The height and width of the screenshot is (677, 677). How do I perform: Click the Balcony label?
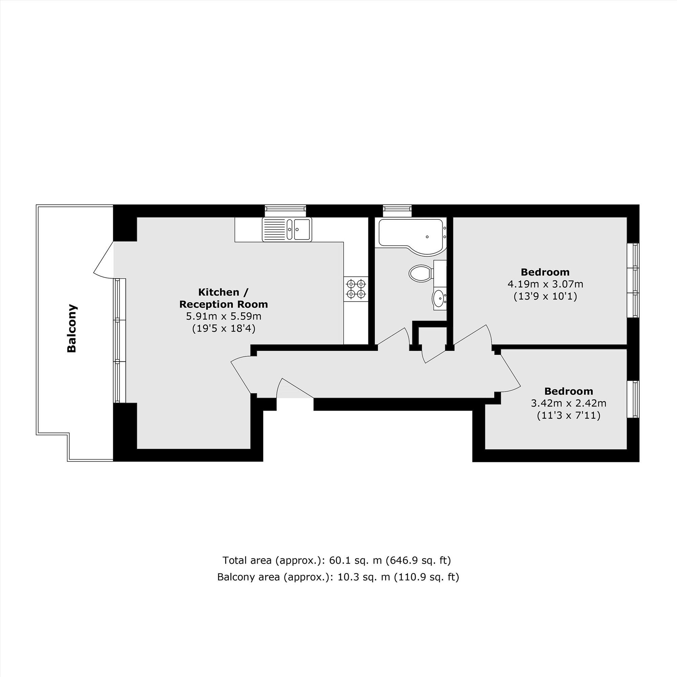coord(72,328)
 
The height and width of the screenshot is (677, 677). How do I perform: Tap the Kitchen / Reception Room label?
coord(223,298)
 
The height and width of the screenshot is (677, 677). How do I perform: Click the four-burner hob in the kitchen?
coord(356,288)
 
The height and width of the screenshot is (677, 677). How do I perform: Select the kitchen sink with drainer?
coord(287,230)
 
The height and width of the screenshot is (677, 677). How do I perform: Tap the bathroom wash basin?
coord(438,299)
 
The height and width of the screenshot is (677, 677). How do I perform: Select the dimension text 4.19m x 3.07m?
coord(545,284)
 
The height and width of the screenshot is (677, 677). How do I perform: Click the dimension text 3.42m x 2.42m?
coord(568,403)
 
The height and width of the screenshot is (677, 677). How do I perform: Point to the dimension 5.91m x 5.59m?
coord(223,316)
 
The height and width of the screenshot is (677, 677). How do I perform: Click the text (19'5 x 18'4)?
coord(223,329)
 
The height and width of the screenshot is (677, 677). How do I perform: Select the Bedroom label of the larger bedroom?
coord(545,272)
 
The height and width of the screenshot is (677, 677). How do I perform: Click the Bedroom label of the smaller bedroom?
coord(568,391)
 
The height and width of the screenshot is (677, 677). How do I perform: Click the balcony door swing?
coord(103,260)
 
